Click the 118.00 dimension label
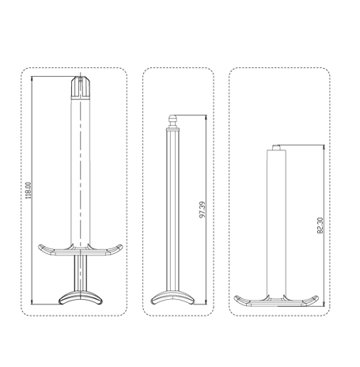[x=28, y=190]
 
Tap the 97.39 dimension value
[x=203, y=210]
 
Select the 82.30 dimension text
[x=320, y=225]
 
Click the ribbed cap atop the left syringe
[x=81, y=88]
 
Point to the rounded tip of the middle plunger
[x=172, y=120]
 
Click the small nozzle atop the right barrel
[x=276, y=147]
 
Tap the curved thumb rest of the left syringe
[x=80, y=297]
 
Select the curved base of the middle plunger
[x=172, y=298]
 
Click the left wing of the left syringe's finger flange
[x=47, y=249]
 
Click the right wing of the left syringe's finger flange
[x=114, y=249]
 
